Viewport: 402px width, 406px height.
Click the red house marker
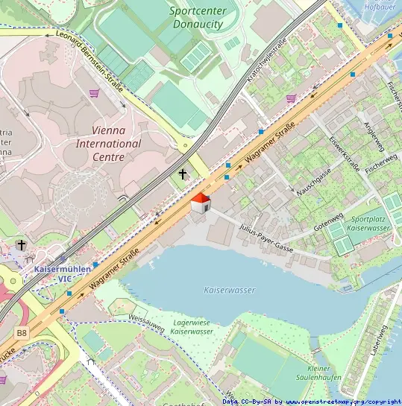click(x=200, y=203)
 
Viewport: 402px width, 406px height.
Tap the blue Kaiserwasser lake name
click(x=229, y=290)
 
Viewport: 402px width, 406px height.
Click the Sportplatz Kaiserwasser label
click(x=370, y=223)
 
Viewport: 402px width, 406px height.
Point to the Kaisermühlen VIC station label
click(x=63, y=273)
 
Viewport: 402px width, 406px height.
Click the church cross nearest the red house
click(x=183, y=174)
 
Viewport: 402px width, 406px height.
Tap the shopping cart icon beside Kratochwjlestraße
click(x=290, y=98)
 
